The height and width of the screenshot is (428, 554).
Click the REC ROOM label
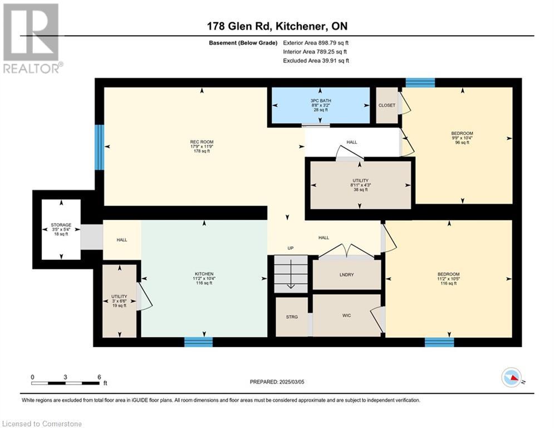[x=202, y=142]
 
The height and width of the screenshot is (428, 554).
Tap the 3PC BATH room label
[x=321, y=101]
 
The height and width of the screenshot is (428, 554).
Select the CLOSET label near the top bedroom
[x=387, y=105]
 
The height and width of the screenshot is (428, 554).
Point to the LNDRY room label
[x=347, y=275]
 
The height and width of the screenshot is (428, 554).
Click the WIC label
[x=347, y=315]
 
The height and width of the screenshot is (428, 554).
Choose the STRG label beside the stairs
[x=292, y=317]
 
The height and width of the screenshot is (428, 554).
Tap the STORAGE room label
[x=61, y=225]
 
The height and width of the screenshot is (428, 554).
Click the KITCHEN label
[x=204, y=274]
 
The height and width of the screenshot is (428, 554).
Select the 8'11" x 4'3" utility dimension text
[x=360, y=185]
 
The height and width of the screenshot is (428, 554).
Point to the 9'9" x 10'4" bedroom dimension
[x=462, y=138]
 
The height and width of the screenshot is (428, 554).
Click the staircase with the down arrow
[x=291, y=274]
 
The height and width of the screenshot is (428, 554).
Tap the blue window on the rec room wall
[x=100, y=147]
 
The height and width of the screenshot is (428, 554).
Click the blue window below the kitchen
[x=199, y=342]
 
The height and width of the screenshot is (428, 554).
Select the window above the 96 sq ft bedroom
[x=420, y=82]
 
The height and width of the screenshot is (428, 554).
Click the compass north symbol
[x=512, y=377]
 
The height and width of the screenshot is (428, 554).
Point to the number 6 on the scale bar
[x=99, y=377]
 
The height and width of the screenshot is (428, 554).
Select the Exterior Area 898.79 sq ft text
[x=316, y=43]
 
